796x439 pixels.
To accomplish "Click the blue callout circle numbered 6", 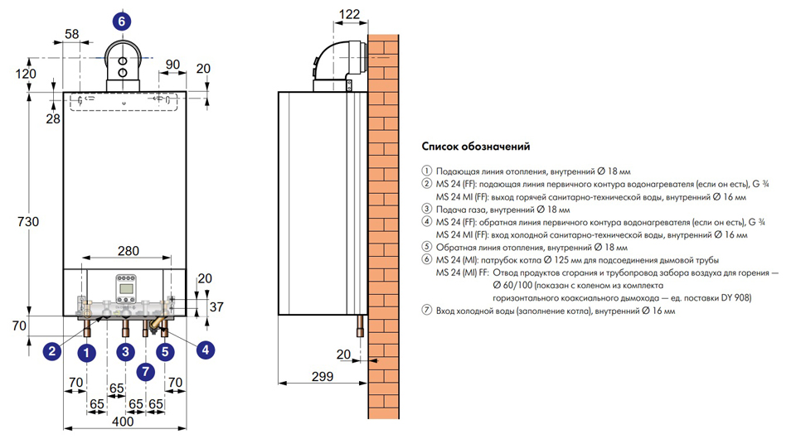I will [122, 22].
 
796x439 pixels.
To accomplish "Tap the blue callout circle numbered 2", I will [51, 351].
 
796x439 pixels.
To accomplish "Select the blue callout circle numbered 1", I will [84, 351].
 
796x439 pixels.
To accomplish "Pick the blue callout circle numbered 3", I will [125, 351].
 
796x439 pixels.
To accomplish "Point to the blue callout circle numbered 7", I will [145, 371].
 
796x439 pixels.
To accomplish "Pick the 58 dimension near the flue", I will [72, 33].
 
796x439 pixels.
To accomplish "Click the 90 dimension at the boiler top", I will [172, 65].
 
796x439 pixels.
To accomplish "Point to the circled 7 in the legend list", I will [427, 311].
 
